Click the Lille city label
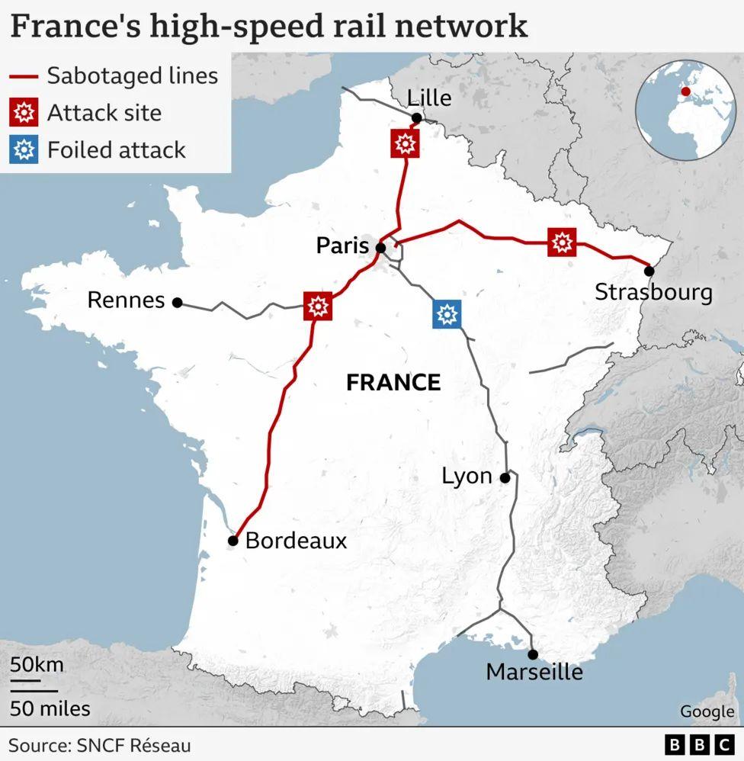pyautogui.click(x=429, y=98)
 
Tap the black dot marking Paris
pyautogui.click(x=380, y=247)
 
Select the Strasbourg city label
pyautogui.click(x=653, y=293)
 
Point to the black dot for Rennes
pyautogui.click(x=178, y=303)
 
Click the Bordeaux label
pyautogui.click(x=296, y=541)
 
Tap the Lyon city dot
pyautogui.click(x=505, y=478)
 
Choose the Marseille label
pyautogui.click(x=534, y=673)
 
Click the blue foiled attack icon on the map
pyautogui.click(x=447, y=313)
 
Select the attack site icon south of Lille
pyautogui.click(x=405, y=143)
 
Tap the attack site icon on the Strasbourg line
pyautogui.click(x=562, y=242)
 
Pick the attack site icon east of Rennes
pyautogui.click(x=317, y=307)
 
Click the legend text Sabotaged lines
pyautogui.click(x=133, y=76)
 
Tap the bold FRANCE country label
pyautogui.click(x=393, y=382)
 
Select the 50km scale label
pyautogui.click(x=37, y=664)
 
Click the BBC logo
pyautogui.click(x=697, y=744)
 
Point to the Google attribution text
pyautogui.click(x=707, y=711)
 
